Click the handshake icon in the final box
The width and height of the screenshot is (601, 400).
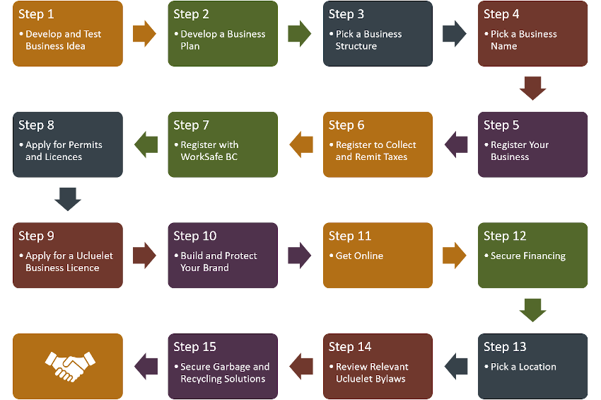click(68, 366)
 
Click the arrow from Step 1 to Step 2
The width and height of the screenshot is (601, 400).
click(144, 33)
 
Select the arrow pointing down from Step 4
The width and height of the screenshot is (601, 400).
click(532, 88)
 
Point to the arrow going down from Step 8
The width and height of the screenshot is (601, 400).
click(68, 200)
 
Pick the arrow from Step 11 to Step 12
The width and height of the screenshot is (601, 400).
click(455, 255)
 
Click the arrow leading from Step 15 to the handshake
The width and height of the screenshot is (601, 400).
click(146, 365)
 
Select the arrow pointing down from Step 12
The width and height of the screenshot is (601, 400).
click(532, 310)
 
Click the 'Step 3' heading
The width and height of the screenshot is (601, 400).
click(346, 14)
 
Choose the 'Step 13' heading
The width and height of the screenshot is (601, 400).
click(505, 347)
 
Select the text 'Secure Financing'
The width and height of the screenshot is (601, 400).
click(528, 256)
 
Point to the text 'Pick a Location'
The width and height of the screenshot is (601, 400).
click(523, 367)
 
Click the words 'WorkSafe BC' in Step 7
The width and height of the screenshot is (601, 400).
click(209, 157)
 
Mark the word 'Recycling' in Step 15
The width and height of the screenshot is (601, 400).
click(202, 379)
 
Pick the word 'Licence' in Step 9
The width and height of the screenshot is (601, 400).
click(82, 268)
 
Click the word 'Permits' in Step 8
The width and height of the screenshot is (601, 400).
click(86, 145)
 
